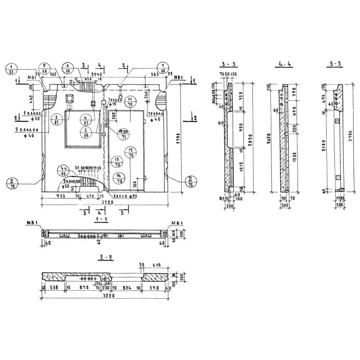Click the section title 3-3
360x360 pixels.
(x=229, y=64)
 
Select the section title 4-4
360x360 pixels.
(x=285, y=64)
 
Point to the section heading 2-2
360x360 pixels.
(x=106, y=258)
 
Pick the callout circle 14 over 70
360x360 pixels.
(x=119, y=179)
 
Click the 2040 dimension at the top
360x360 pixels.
(x=97, y=74)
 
